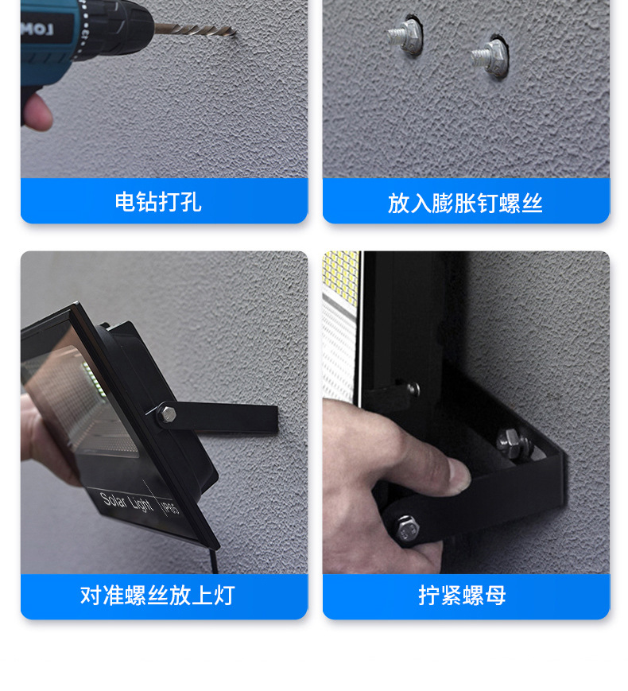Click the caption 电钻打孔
(x=158, y=202)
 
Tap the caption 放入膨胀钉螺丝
(x=465, y=203)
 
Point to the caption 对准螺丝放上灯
(x=157, y=595)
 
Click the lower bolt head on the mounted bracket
(x=407, y=526)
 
